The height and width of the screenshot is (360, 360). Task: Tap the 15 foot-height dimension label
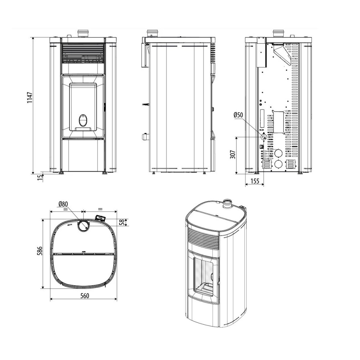click(40, 177)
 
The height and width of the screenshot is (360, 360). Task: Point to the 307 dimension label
click(233, 154)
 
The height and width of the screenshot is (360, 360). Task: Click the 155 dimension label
click(255, 181)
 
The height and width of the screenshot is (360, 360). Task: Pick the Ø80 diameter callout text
click(63, 204)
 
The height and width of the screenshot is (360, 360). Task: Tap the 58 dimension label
click(122, 222)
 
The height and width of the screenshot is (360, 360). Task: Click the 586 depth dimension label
click(40, 251)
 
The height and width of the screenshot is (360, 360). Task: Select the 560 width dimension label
click(85, 296)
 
